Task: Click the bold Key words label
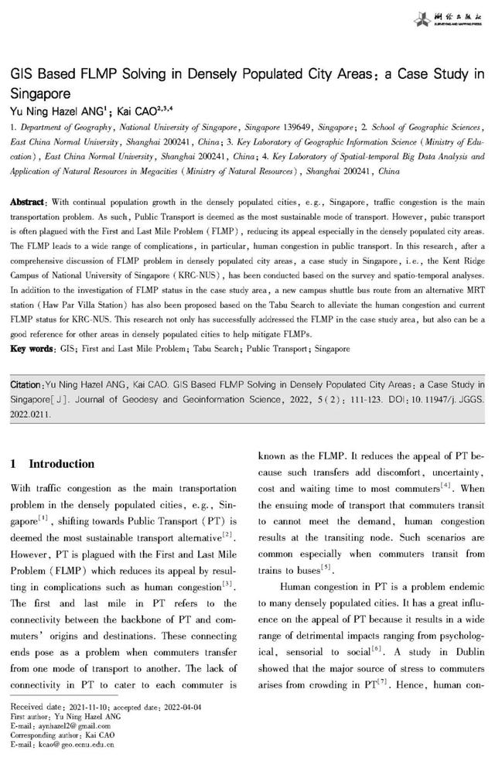32,349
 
